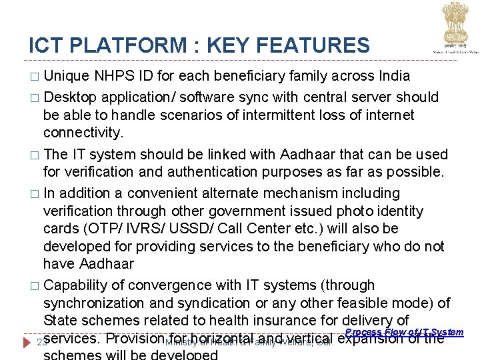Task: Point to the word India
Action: point(392,75)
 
